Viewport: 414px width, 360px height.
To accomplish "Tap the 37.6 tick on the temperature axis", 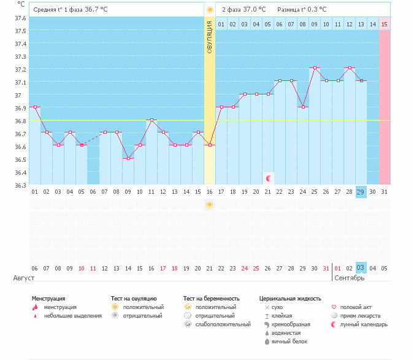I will tap(20, 18).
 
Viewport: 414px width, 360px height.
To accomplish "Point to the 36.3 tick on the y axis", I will tap(20, 185).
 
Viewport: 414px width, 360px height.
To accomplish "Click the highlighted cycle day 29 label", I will tap(361, 192).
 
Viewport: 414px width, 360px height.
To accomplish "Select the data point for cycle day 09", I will tap(128, 158).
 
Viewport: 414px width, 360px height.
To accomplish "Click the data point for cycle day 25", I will tap(314, 68).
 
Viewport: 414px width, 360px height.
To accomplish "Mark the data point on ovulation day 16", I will tap(210, 145).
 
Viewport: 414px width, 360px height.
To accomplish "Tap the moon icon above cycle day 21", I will tap(268, 178).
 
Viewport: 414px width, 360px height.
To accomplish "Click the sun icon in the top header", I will tap(210, 10).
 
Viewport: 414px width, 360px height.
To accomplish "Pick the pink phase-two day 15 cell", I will tap(385, 24).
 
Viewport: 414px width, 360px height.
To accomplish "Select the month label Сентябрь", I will tap(350, 278).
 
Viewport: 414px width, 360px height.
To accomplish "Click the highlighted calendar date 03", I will tap(361, 268).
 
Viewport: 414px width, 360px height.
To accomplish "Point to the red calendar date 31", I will tap(326, 268).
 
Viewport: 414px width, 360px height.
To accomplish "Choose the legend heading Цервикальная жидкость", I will tap(290, 298).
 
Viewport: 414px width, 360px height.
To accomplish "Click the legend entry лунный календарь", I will tap(364, 324).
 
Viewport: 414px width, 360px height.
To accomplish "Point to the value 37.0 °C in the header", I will tap(255, 10).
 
